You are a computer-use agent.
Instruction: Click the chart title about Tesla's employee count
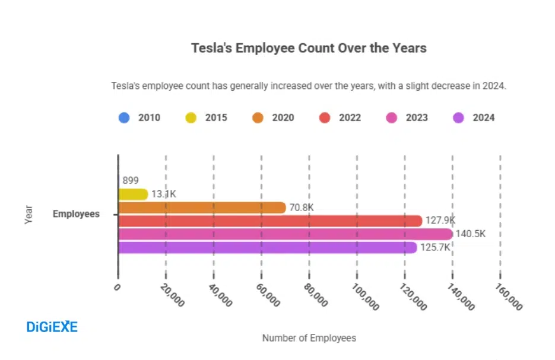coord(309,48)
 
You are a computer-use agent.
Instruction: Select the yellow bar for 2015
coord(132,194)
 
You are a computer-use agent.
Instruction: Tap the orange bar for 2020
coord(202,208)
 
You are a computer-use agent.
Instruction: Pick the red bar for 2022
coord(270,221)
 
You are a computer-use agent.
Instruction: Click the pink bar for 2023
coord(285,234)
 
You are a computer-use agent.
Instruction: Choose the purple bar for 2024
coord(267,247)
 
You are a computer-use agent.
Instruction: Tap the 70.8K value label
coord(301,208)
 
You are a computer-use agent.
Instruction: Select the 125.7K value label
coord(436,247)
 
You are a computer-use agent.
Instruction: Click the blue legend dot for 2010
coord(124,117)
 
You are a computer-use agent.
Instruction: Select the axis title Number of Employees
coord(309,338)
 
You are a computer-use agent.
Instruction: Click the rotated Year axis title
coord(28,214)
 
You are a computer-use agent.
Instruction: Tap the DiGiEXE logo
coord(52,327)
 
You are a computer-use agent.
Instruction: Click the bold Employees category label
coord(76,214)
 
